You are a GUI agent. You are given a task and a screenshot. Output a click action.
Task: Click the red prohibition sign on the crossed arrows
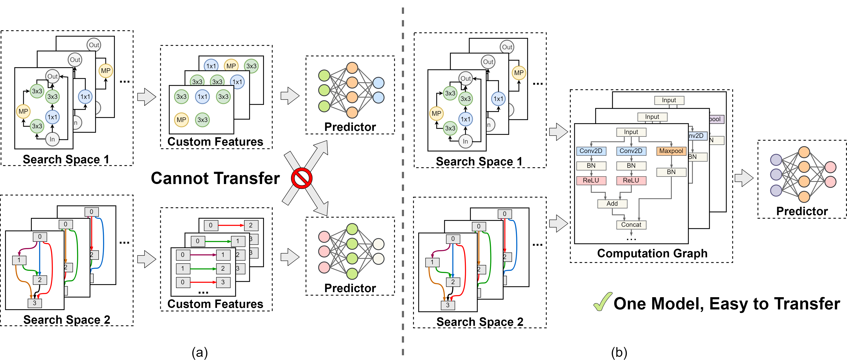[301, 178]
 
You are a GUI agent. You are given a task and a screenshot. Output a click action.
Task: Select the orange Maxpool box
[671, 151]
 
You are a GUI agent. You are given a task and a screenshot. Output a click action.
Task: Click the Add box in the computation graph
[612, 204]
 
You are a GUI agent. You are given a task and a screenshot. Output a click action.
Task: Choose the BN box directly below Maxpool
[671, 172]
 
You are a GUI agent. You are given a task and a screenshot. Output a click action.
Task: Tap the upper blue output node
[378, 83]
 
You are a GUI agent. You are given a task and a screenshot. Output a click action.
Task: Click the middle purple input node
[776, 175]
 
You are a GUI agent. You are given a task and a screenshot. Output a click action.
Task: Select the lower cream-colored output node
[378, 259]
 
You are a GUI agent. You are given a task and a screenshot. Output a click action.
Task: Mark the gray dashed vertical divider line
[403, 181]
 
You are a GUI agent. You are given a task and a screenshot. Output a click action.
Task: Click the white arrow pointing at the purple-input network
[744, 178]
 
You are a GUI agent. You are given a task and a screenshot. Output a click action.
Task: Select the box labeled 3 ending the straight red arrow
[223, 282]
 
